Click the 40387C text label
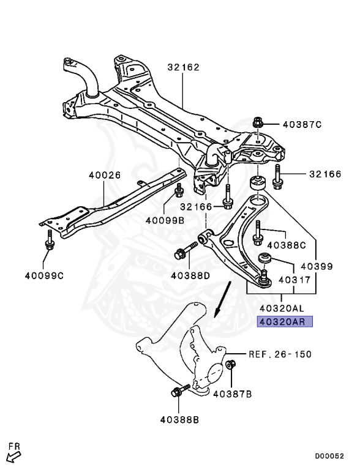pos(302,125)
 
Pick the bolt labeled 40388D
pos(184,252)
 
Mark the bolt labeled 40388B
pos(178,392)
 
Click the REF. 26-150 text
pos(280,354)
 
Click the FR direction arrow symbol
pos(13,453)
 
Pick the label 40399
pos(316,266)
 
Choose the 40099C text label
pos(43,275)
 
